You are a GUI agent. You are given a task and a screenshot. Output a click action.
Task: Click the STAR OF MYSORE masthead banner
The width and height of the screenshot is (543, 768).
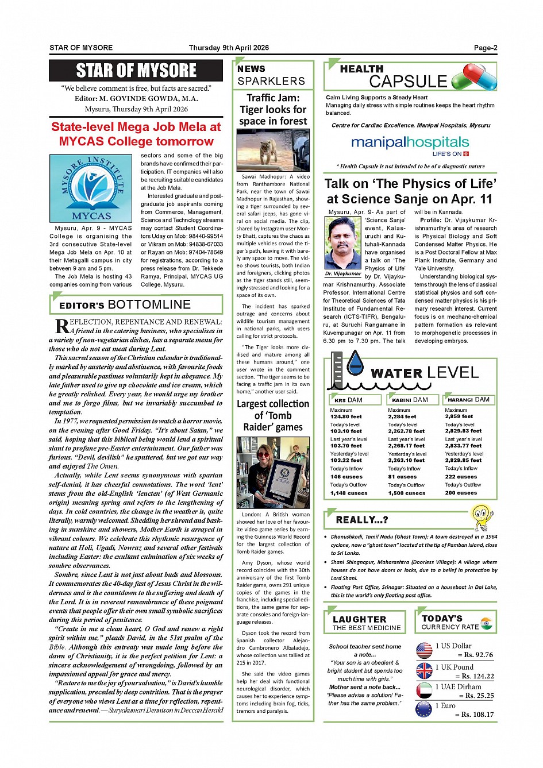(136, 71)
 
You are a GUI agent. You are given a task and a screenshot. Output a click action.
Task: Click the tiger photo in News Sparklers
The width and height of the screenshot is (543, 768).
(273, 150)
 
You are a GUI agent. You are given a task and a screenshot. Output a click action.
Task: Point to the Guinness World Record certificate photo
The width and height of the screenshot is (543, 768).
(273, 473)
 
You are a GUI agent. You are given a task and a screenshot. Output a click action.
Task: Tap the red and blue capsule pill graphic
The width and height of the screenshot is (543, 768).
(475, 76)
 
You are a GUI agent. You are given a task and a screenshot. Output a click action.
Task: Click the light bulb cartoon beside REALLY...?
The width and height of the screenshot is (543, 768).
(482, 517)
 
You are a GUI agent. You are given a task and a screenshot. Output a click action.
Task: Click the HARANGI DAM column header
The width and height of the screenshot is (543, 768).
(469, 399)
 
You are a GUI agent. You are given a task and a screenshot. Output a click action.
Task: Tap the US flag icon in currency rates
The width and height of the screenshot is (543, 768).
(424, 650)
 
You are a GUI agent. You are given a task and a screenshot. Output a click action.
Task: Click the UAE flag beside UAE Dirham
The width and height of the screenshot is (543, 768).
(424, 690)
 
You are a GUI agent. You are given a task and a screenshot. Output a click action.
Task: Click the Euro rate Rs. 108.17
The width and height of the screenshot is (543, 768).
(477, 715)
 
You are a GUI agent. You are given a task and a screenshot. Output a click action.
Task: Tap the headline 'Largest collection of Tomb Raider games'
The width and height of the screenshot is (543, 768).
(273, 415)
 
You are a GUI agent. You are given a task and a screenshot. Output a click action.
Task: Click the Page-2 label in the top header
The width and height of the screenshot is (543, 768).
(486, 48)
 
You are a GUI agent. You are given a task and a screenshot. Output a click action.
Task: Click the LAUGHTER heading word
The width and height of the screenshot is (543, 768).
(360, 619)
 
